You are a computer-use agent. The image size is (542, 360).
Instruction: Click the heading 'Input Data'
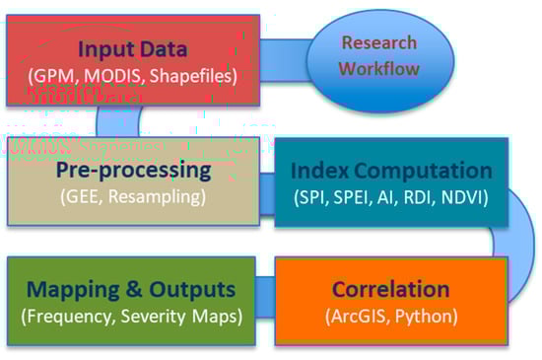(x=133, y=48)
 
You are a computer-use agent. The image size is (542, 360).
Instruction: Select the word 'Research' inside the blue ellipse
(x=379, y=42)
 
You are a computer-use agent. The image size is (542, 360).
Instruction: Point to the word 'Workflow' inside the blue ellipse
(x=378, y=68)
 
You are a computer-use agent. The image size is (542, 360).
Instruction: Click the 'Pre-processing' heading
(x=133, y=171)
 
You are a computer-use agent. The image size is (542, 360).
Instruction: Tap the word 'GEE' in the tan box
(x=82, y=196)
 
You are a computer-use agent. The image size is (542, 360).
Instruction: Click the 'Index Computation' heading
(x=391, y=171)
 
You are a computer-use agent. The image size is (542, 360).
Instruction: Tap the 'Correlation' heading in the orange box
(x=391, y=289)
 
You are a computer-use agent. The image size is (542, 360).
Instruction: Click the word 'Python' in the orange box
(x=426, y=317)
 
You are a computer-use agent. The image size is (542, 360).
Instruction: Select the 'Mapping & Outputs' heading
(x=131, y=289)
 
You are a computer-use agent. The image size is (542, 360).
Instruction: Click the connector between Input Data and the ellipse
(x=284, y=60)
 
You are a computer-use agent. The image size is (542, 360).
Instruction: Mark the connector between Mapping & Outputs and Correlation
(x=265, y=297)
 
